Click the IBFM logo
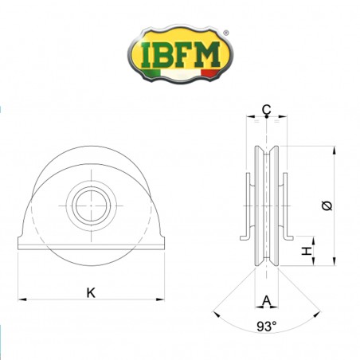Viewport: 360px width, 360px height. click(180, 56)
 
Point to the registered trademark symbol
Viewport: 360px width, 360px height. click(226, 33)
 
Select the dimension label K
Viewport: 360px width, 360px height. click(92, 292)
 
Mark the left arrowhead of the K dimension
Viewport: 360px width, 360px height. click(21, 299)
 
